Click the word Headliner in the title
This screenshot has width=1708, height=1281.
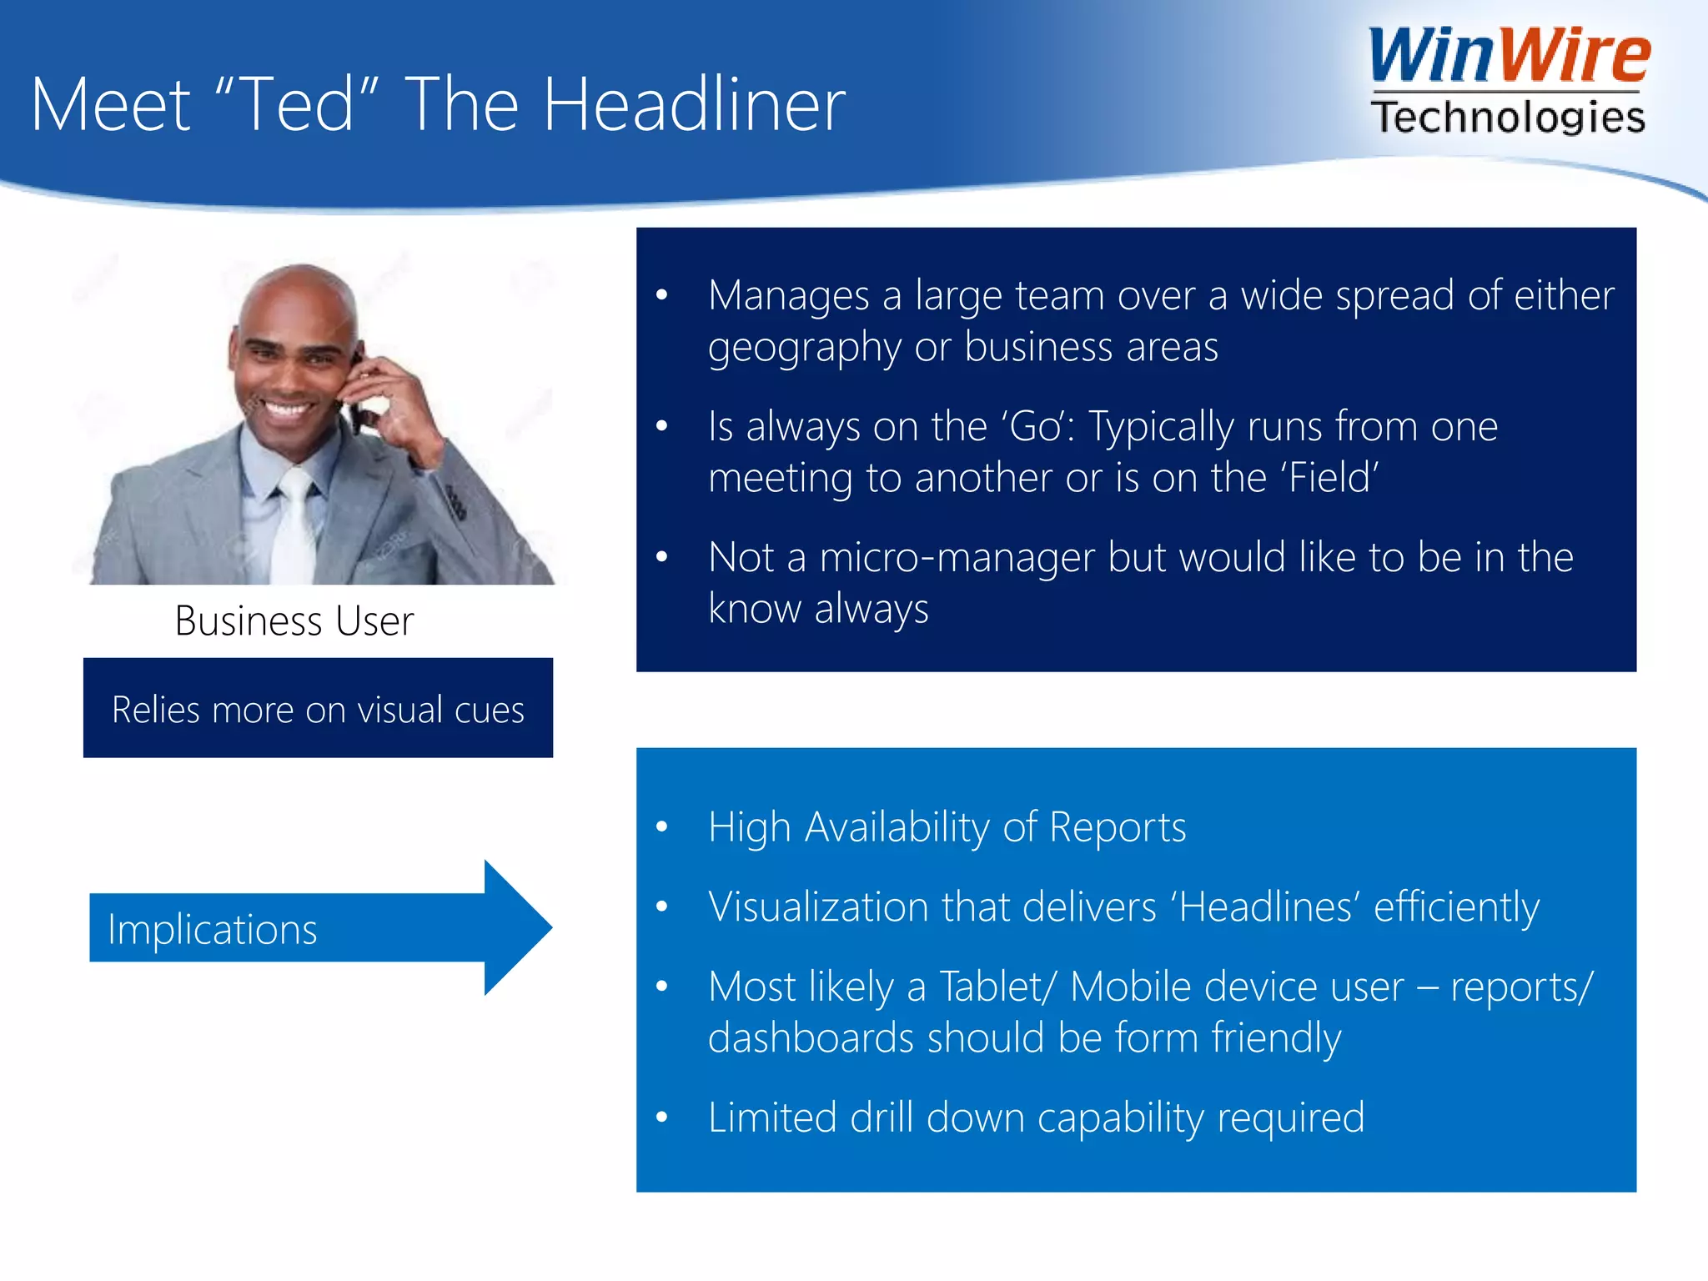pos(694,104)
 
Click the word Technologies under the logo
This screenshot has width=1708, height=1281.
pos(1508,117)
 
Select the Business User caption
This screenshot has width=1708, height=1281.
pos(294,621)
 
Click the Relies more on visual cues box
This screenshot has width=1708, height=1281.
pos(318,708)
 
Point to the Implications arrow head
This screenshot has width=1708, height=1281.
pos(517,927)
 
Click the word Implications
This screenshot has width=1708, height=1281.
pos(213,929)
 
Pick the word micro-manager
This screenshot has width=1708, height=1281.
pos(957,557)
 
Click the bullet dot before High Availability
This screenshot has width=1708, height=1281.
pos(662,827)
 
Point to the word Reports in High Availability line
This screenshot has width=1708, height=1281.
pos(1118,827)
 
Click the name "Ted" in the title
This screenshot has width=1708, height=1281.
pos(297,104)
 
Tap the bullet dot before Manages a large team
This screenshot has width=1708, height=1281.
pos(662,295)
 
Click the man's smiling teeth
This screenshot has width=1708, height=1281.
pos(285,409)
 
